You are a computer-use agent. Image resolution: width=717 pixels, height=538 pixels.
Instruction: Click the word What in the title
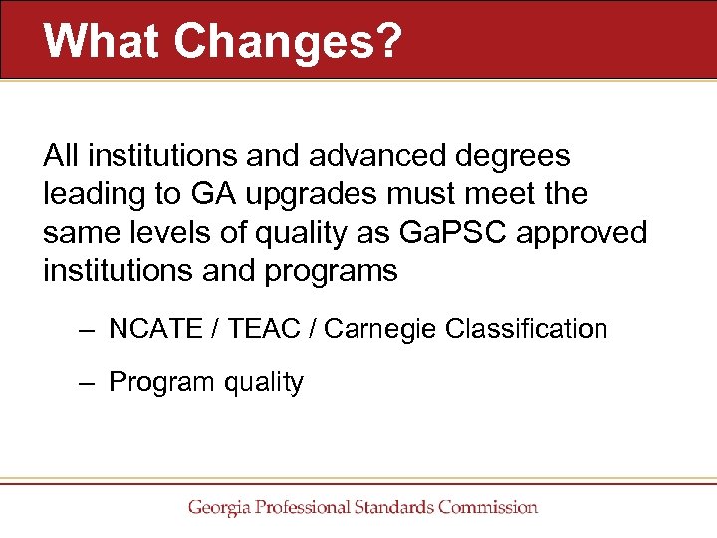(x=101, y=40)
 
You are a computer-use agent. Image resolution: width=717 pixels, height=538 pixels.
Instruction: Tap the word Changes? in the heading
(x=288, y=40)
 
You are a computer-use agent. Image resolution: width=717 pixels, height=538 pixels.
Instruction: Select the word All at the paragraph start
(x=61, y=156)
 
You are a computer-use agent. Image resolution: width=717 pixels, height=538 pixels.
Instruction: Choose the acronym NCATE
(x=157, y=328)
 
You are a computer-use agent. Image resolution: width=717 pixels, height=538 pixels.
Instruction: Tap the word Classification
(x=528, y=328)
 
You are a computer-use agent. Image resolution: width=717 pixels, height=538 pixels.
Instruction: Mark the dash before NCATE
(x=89, y=329)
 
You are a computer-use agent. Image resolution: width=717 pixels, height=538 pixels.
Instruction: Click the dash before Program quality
(x=89, y=382)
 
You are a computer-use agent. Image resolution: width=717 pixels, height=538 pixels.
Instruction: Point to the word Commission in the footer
(x=488, y=507)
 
